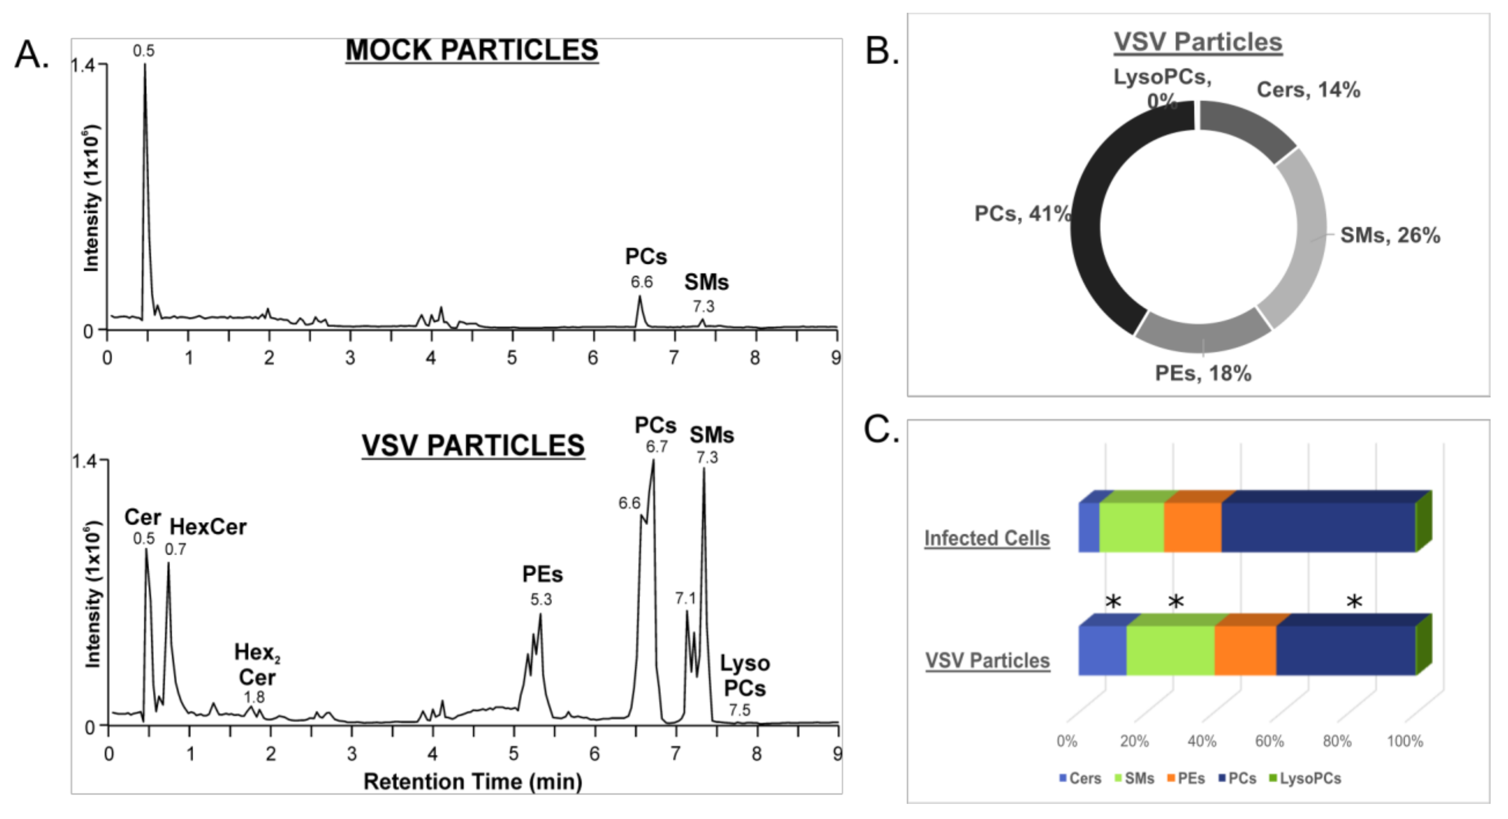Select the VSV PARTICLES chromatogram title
tap(473, 446)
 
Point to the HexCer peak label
tap(208, 527)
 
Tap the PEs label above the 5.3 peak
tap(542, 575)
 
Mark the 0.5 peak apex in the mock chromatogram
tap(145, 65)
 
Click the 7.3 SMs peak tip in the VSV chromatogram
tap(704, 470)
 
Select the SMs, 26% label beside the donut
tap(1390, 235)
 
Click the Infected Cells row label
tap(987, 538)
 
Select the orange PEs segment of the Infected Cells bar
tap(1192, 526)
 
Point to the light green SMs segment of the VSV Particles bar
tap(1170, 650)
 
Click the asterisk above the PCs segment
tap(1354, 602)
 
